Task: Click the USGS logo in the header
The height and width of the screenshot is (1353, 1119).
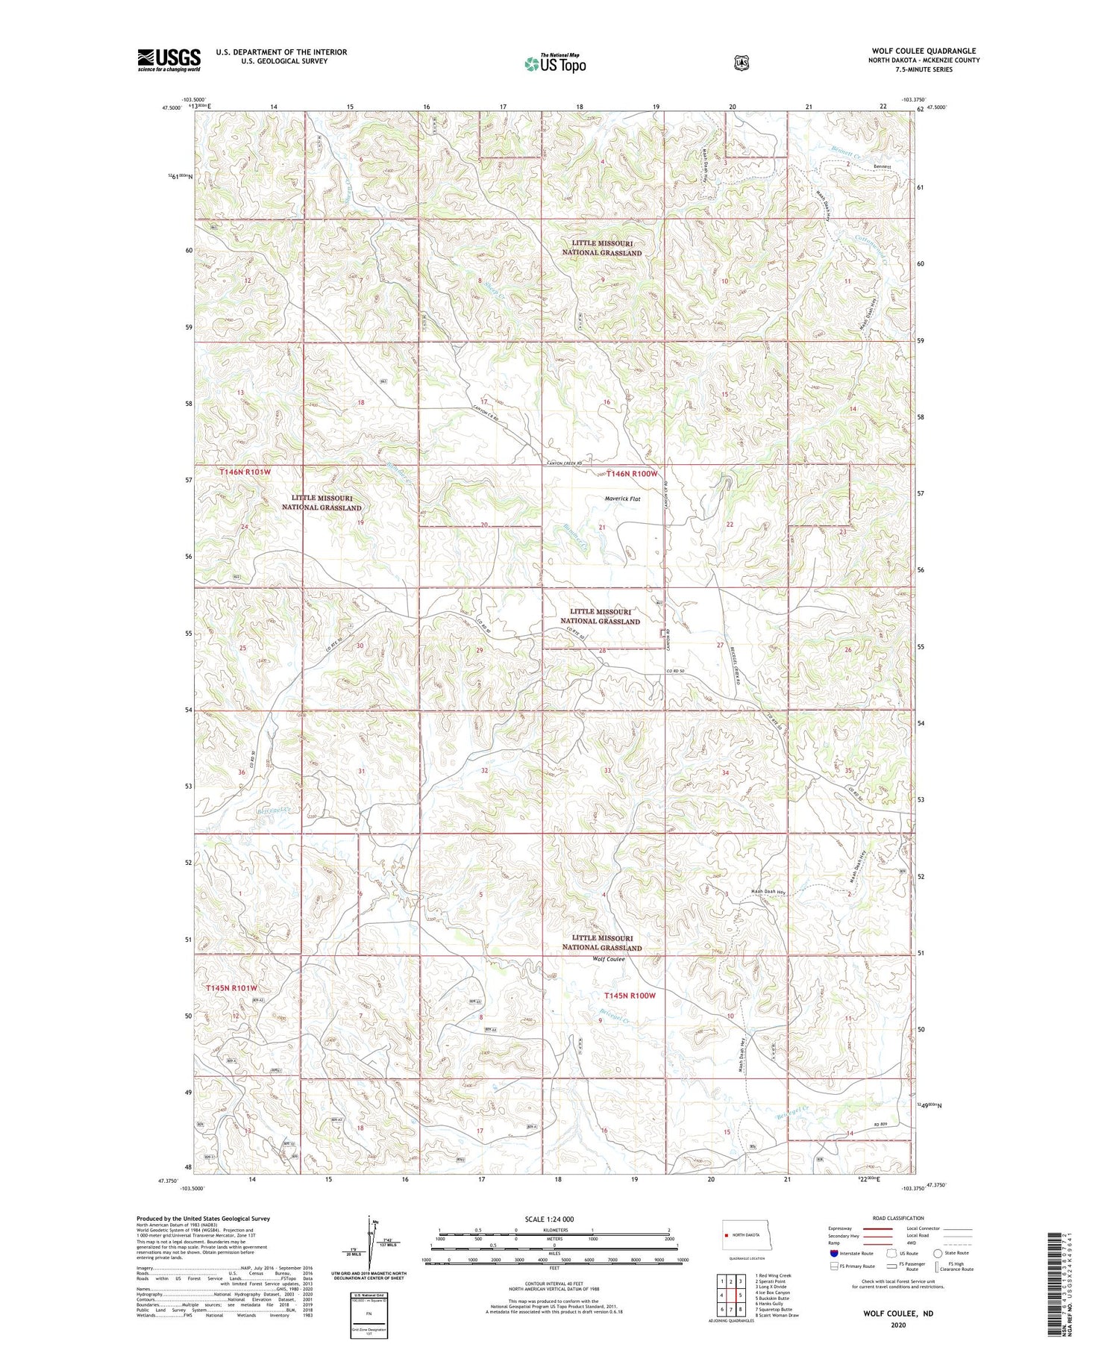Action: tap(169, 60)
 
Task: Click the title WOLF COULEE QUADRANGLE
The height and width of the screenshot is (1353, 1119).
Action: tap(924, 51)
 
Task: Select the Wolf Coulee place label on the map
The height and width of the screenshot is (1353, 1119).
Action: tap(608, 959)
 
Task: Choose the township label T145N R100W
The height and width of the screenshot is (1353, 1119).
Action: tap(630, 996)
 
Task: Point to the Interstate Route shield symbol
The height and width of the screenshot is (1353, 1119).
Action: tap(834, 1253)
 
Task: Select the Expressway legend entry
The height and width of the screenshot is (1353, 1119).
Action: tap(841, 1228)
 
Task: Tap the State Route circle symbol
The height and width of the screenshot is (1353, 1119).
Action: tap(938, 1253)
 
